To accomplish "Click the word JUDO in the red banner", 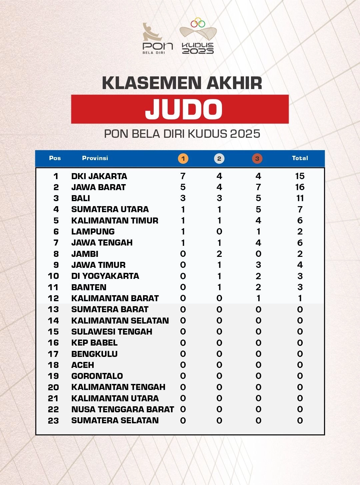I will click(x=184, y=109).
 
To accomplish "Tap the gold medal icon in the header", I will click(x=183, y=158).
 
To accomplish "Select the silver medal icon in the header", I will click(x=219, y=158).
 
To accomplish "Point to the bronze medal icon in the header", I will click(x=257, y=158).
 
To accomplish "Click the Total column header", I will click(x=300, y=158).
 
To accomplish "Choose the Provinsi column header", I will click(x=95, y=158).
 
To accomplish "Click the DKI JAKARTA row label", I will click(x=99, y=176).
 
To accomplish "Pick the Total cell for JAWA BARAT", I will click(x=300, y=187).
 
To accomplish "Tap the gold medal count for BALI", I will click(x=183, y=198).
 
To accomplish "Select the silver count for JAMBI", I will click(x=219, y=254).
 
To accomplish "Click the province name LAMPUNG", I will click(x=93, y=231).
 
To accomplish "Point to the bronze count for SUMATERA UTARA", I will click(x=258, y=209).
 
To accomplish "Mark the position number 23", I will click(x=53, y=421).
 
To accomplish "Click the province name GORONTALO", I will click(x=97, y=376).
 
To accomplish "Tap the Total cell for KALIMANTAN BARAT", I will click(x=300, y=298).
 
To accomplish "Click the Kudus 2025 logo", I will click(x=198, y=37).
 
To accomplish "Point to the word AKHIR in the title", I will click(x=234, y=83).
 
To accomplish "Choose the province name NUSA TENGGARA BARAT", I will click(x=122, y=409).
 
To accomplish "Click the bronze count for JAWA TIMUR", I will click(x=258, y=265).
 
